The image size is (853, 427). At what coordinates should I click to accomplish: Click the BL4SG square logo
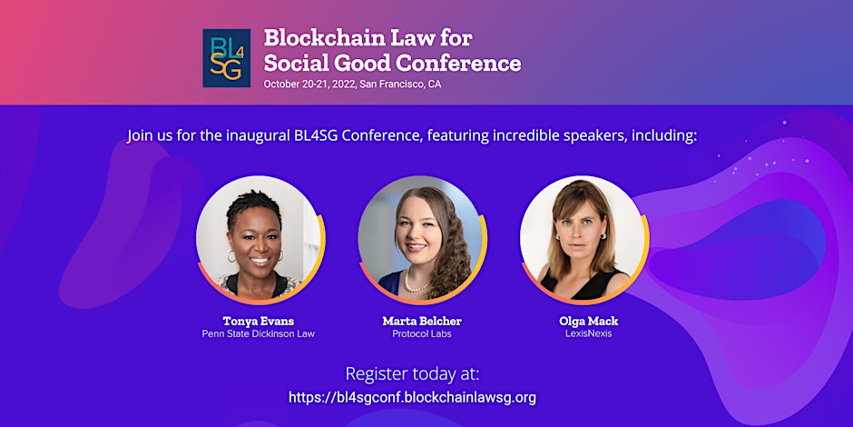point(226,58)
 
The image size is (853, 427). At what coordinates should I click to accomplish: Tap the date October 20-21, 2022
point(309,84)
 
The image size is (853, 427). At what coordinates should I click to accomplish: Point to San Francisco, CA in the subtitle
point(400,84)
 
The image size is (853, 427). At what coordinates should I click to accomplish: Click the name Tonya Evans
point(258,321)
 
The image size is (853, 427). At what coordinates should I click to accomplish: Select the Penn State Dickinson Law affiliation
point(258,333)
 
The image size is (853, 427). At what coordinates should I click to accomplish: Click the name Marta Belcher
point(422,321)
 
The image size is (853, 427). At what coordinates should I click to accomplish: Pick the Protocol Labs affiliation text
point(422,333)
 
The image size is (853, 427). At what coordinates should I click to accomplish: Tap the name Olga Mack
point(589,321)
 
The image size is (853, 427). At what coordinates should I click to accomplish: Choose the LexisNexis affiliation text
point(589,333)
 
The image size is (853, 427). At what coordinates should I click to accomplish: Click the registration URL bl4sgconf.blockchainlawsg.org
point(412,397)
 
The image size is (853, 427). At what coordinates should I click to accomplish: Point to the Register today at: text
point(413,374)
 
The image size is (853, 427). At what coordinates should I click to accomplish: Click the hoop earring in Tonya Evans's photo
point(231,256)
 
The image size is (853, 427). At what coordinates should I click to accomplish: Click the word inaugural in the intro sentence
point(259,135)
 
